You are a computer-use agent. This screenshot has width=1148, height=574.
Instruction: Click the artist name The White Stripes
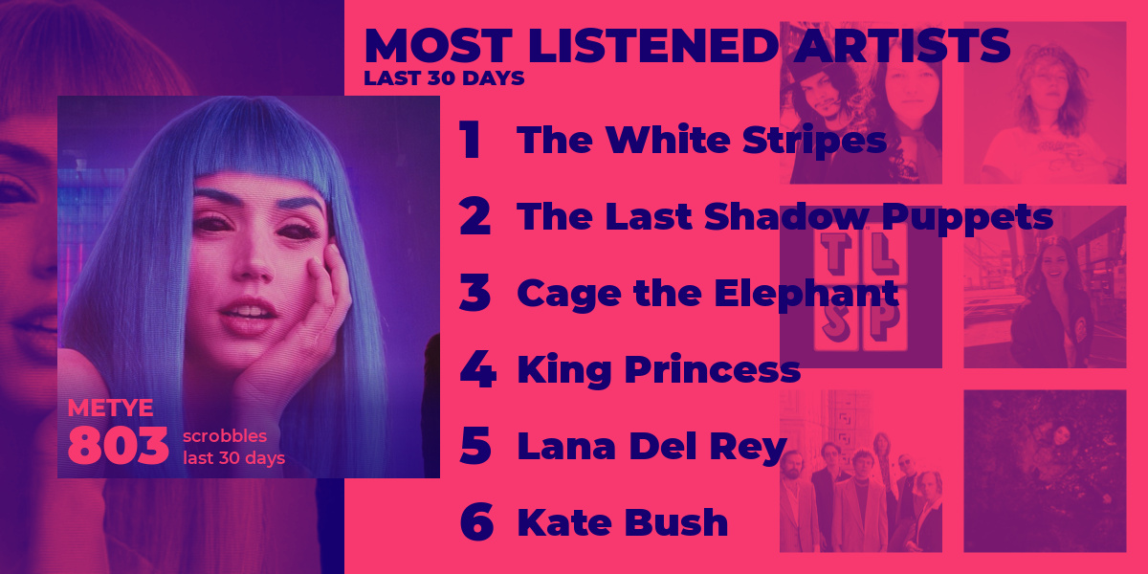[701, 140]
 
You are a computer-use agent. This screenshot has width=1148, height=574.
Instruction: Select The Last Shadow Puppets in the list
[784, 217]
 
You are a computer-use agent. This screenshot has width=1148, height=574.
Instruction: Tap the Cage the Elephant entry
[708, 294]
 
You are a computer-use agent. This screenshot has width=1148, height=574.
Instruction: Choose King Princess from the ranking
[658, 370]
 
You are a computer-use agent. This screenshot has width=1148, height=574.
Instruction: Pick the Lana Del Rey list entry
[651, 447]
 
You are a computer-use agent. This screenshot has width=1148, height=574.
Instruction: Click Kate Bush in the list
[622, 522]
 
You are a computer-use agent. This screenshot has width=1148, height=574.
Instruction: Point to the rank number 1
[470, 139]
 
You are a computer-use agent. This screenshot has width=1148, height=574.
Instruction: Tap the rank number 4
[477, 368]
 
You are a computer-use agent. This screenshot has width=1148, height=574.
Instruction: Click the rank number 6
[476, 521]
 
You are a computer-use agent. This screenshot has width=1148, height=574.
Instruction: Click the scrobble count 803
[118, 446]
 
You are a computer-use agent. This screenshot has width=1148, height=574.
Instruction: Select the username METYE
[110, 408]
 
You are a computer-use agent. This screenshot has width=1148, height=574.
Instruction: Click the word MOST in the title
[438, 46]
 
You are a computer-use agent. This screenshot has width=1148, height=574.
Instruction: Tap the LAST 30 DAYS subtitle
[444, 78]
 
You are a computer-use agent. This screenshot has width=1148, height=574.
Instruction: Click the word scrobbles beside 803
[225, 436]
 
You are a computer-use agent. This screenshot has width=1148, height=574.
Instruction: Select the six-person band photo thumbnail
[861, 471]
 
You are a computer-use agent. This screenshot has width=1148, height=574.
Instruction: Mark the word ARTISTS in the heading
[902, 46]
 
